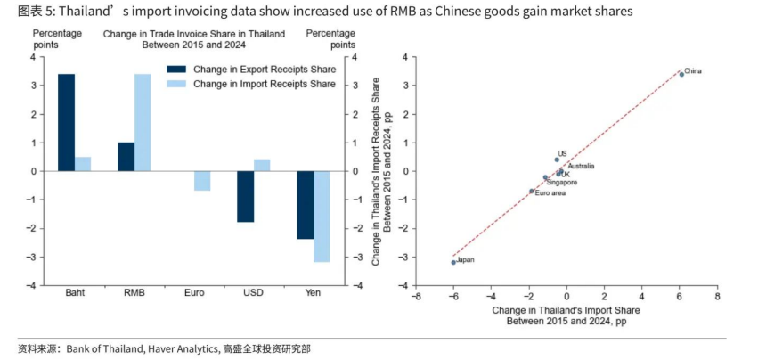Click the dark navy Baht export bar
[66, 122]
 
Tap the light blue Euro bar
[202, 181]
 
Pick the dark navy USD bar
[245, 196]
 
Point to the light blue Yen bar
[322, 217]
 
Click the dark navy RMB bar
[126, 157]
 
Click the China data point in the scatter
[681, 74]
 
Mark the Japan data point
[453, 262]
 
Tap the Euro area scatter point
[532, 191]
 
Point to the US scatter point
[557, 160]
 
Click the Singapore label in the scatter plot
[562, 183]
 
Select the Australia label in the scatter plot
[581, 166]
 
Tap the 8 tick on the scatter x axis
[716, 296]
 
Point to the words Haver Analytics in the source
[183, 348]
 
